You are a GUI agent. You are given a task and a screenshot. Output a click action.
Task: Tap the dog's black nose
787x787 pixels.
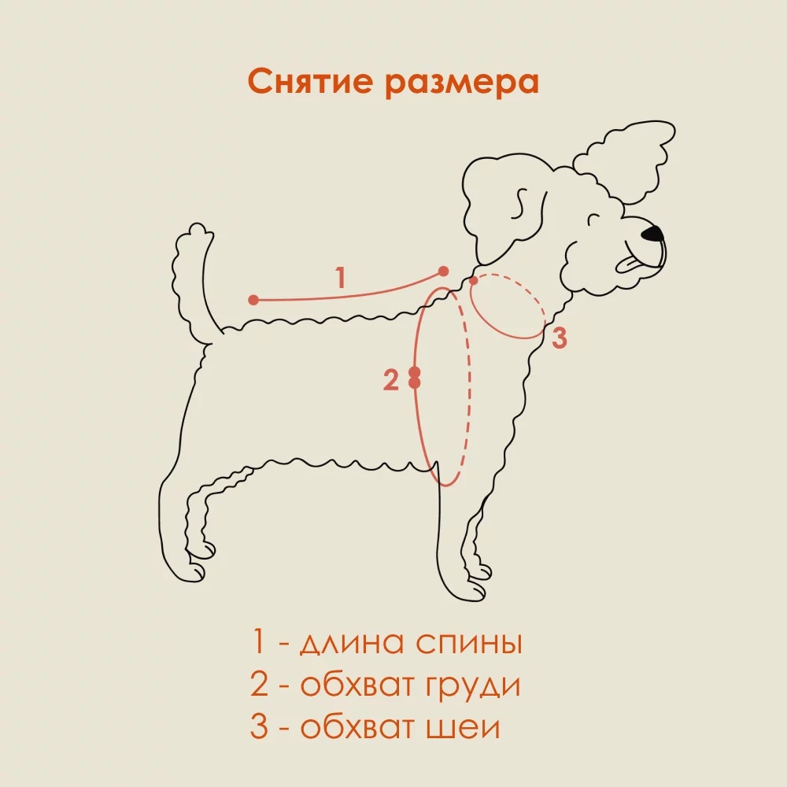tap(652, 234)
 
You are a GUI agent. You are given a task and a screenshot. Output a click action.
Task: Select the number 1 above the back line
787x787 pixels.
tap(340, 278)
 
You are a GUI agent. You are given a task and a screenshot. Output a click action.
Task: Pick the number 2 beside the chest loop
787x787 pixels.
tap(391, 381)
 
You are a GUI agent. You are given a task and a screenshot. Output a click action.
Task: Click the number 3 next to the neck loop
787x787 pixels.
tap(558, 338)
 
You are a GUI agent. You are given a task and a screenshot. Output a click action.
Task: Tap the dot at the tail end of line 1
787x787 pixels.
tap(253, 300)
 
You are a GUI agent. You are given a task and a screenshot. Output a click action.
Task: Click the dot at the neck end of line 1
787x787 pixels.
tap(443, 271)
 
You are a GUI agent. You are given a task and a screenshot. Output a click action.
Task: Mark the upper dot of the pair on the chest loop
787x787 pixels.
tap(415, 371)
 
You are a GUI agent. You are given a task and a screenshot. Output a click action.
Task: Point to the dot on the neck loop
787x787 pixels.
tap(473, 280)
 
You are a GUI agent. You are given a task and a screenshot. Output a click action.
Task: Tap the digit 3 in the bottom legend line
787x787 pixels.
tap(260, 727)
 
